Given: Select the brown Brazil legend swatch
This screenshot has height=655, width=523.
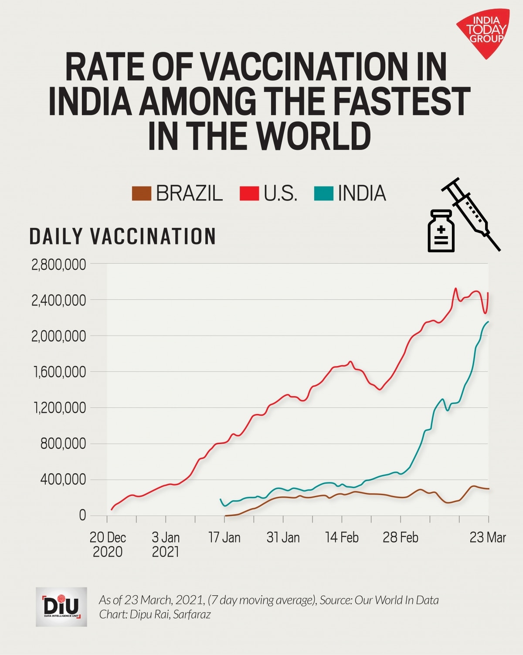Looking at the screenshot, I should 141,193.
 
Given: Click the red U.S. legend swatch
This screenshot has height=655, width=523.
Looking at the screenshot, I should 249,193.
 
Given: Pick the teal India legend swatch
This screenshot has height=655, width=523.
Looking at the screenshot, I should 323,193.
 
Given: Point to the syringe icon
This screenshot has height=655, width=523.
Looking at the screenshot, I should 471,214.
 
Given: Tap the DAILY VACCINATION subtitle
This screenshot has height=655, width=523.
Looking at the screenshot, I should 122,236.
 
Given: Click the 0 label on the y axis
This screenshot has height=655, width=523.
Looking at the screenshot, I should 82,516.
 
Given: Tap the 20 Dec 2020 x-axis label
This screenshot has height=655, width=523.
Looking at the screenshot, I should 108,545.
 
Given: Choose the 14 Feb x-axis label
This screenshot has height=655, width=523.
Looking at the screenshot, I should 342,538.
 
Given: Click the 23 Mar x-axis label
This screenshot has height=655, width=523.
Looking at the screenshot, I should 488,538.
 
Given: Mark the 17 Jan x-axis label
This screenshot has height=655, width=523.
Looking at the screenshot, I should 224,538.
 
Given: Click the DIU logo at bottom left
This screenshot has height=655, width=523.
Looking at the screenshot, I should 61,606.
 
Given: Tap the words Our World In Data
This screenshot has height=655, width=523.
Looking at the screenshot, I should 397,600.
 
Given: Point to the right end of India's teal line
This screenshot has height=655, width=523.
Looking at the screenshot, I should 488,322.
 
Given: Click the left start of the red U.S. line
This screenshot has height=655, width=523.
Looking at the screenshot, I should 112,509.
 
